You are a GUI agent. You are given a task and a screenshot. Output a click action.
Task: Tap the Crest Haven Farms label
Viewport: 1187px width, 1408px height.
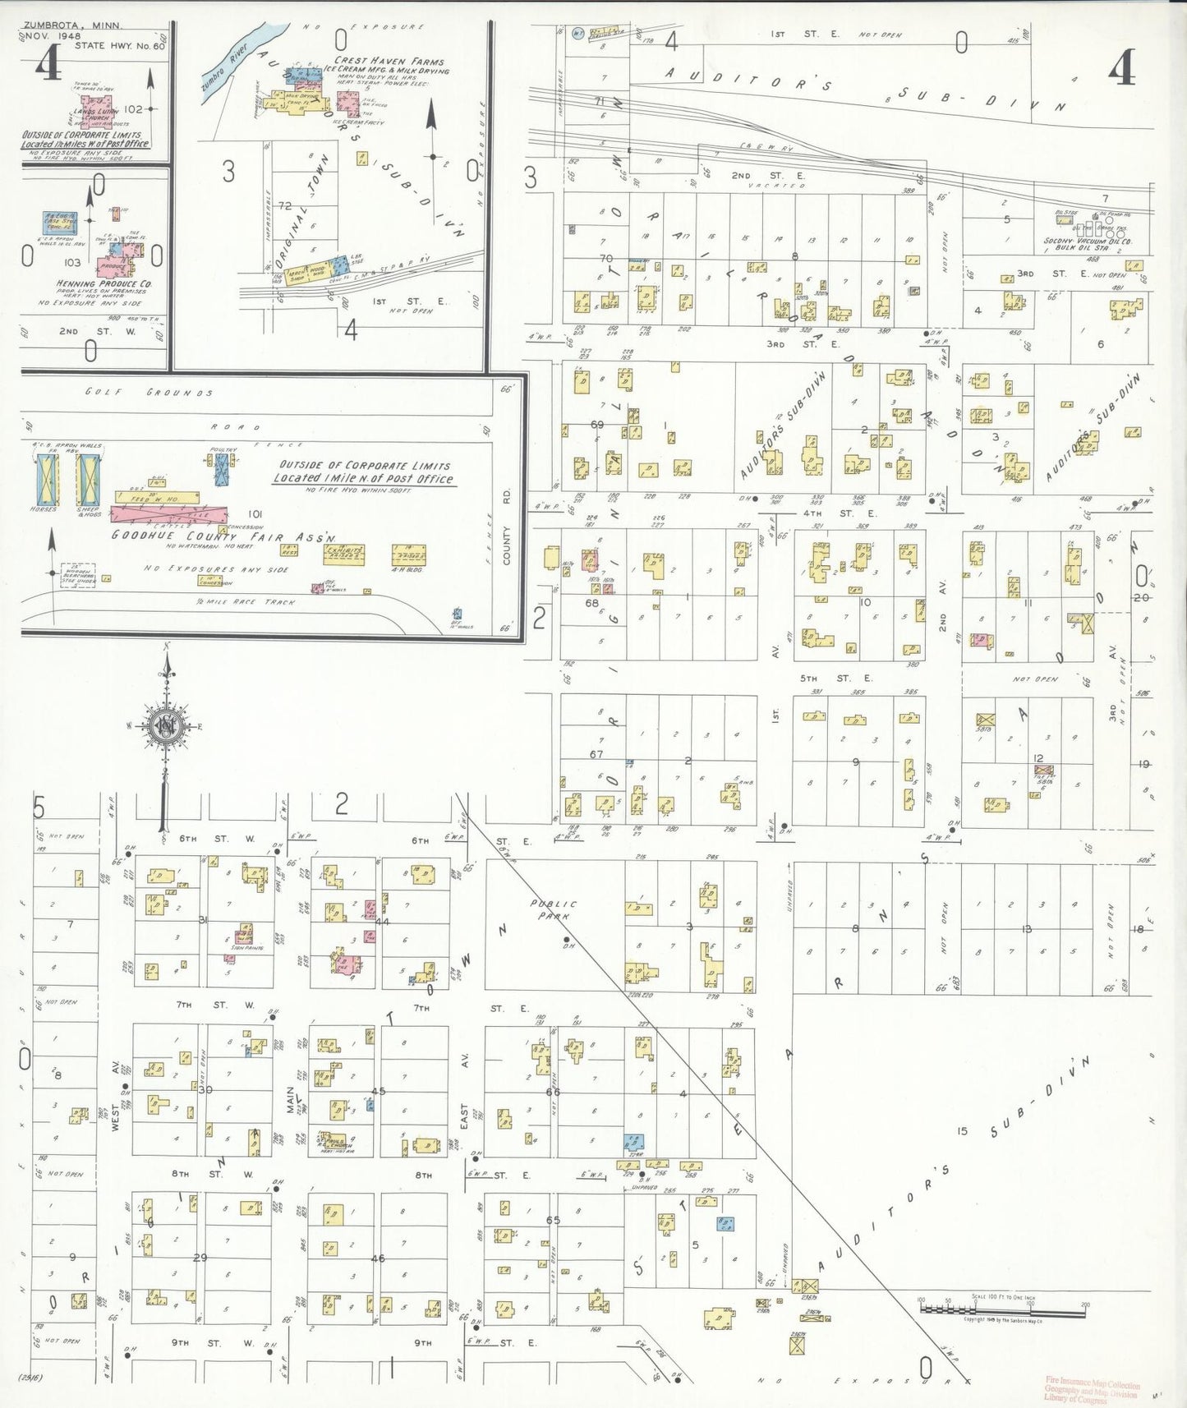389,61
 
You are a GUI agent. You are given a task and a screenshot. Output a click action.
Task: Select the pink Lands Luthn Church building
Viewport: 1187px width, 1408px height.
112,110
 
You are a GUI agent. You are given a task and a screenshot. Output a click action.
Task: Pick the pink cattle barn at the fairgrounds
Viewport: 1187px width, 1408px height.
168,514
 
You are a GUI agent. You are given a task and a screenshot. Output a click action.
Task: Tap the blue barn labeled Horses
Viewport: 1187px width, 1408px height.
48,479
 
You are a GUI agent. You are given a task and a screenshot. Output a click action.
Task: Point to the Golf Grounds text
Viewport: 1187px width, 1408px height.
149,393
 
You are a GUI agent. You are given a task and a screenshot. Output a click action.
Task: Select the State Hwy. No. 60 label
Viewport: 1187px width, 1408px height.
120,45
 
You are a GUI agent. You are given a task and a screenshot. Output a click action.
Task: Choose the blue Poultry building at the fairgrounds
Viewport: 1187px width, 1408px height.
222,470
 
